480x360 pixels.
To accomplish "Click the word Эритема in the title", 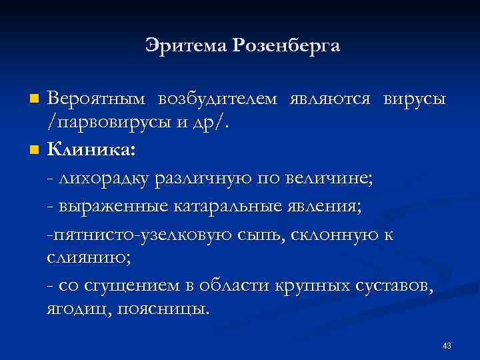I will pyautogui.click(x=184, y=46).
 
